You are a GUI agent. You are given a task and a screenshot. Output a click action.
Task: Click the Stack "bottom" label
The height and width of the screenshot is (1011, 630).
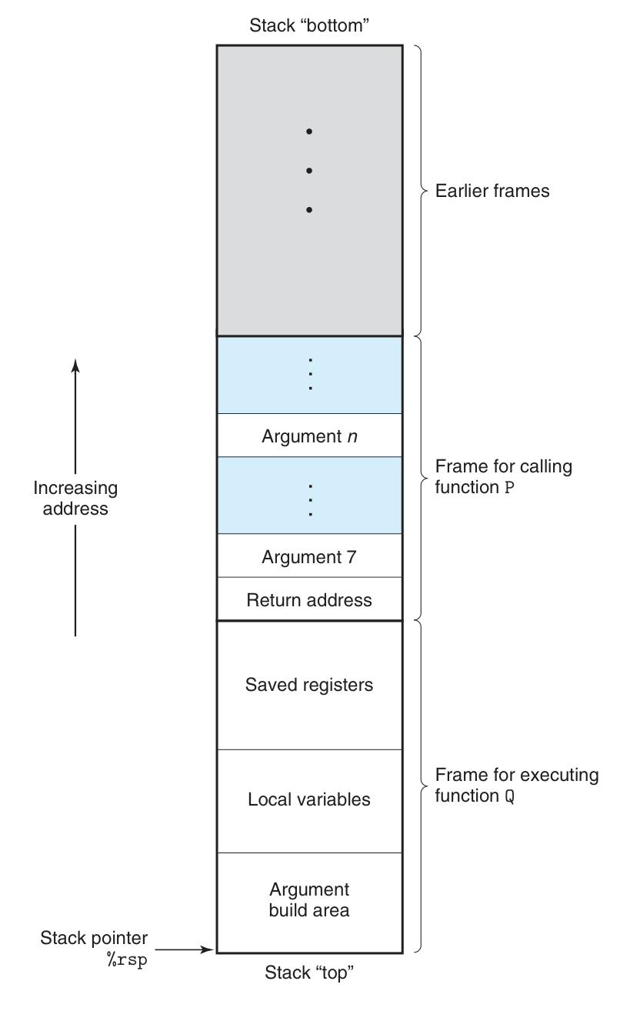tap(310, 25)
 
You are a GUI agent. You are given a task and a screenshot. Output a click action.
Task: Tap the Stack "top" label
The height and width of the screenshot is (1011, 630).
tap(309, 973)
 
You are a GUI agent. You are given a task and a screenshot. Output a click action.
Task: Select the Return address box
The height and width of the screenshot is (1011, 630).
tap(309, 599)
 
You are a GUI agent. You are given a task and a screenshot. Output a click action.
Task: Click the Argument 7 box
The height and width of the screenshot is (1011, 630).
tap(309, 556)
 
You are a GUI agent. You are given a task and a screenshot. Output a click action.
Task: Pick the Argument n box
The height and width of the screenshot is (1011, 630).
tap(309, 436)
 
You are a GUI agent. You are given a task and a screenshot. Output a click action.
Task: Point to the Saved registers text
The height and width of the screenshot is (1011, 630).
tap(309, 684)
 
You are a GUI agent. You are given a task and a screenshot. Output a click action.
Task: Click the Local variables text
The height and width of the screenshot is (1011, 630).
tap(309, 799)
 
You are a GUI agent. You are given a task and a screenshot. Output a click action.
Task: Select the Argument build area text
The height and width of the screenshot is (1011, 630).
tap(309, 900)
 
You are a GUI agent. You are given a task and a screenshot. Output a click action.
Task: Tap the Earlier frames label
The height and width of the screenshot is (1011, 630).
tap(492, 191)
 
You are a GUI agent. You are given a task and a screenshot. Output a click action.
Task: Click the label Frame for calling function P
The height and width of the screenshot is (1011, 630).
tap(503, 477)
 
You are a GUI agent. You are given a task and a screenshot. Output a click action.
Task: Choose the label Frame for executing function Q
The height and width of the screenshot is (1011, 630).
tap(516, 785)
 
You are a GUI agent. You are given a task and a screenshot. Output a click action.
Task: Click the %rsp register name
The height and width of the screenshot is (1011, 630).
tap(127, 961)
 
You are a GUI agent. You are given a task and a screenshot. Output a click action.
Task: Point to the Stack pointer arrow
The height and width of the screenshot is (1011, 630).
tap(185, 949)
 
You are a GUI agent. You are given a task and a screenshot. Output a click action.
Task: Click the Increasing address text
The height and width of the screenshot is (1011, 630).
tap(75, 498)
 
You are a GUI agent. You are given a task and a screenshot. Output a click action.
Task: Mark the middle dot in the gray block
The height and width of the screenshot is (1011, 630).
tap(309, 170)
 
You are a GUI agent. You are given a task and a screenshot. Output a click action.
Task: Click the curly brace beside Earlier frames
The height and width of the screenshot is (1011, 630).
tap(421, 190)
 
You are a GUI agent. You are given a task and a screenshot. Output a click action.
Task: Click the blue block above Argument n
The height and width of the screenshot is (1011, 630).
tap(309, 375)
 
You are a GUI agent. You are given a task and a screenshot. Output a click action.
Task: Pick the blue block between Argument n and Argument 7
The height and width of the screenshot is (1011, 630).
tap(309, 495)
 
